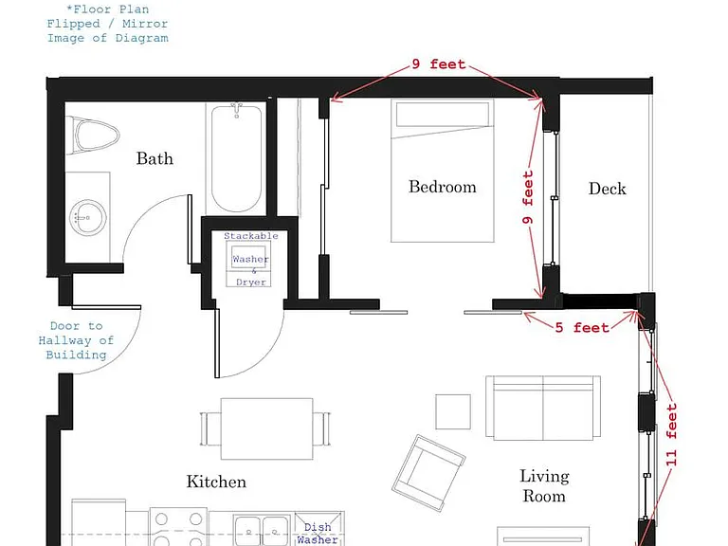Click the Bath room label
155,159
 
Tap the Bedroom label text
443,187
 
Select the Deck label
608,189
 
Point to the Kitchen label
216,482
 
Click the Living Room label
545,485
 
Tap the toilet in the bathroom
93,136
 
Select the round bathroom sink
88,217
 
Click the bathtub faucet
237,110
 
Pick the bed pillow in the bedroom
443,114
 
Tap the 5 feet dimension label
582,328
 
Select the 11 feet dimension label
671,435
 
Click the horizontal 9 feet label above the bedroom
439,64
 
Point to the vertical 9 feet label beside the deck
528,197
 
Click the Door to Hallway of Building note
76,340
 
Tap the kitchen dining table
266,428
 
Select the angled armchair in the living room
428,473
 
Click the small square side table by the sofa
453,411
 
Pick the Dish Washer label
318,534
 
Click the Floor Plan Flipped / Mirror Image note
108,24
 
